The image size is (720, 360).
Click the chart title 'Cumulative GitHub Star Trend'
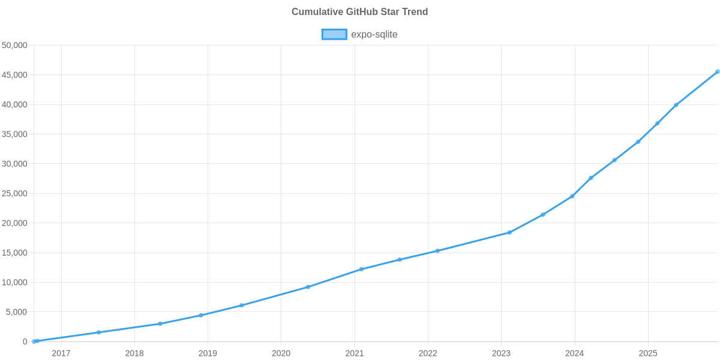tap(359, 12)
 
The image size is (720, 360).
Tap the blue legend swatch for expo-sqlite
tap(334, 34)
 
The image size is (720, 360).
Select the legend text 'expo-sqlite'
tap(374, 34)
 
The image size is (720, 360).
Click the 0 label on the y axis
tap(25, 341)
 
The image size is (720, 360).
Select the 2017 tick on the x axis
tap(61, 353)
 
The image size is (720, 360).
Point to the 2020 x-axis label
tap(281, 353)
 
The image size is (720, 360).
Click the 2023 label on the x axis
tap(501, 353)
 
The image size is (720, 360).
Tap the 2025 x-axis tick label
tap(648, 353)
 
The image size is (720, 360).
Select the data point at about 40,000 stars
tap(676, 105)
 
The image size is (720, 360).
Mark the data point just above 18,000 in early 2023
tap(509, 232)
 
